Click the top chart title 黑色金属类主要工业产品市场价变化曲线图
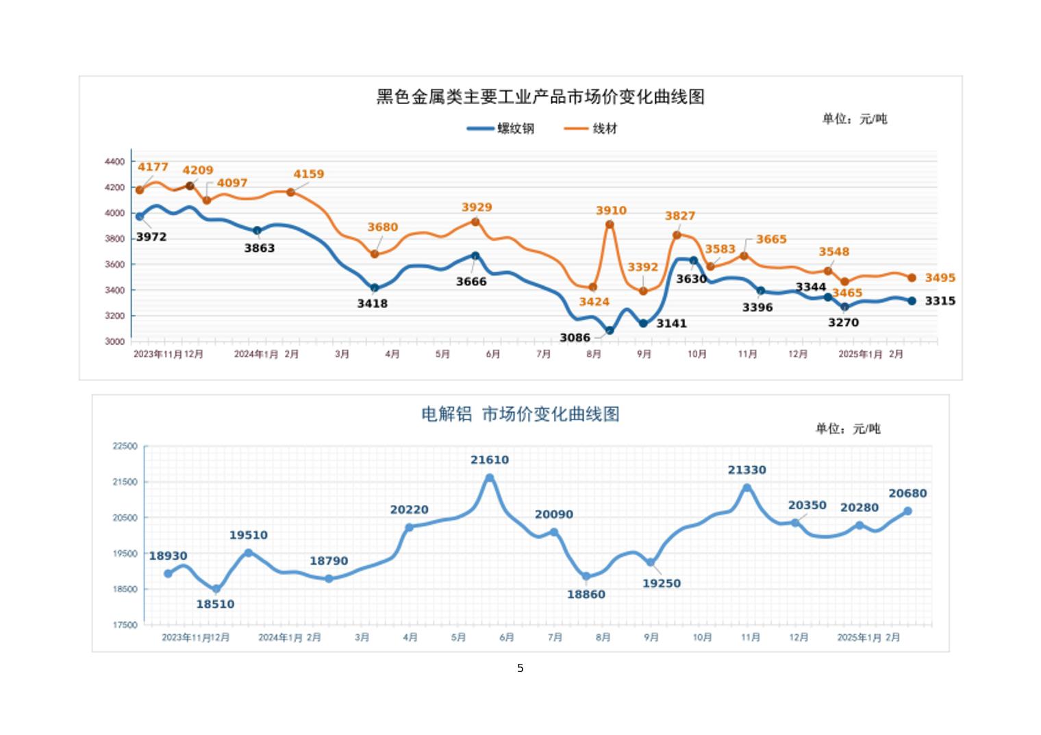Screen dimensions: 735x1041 click(540, 96)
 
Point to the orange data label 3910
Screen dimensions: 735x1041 click(611, 211)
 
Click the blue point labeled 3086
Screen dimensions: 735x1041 click(610, 331)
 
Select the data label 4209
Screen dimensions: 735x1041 click(197, 170)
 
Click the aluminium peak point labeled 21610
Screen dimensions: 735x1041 click(490, 478)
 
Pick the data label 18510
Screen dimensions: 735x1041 click(215, 604)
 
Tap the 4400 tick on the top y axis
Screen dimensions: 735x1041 click(114, 162)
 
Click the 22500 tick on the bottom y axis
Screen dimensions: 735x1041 click(125, 446)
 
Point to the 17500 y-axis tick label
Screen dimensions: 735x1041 click(125, 625)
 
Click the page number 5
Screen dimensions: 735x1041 click(520, 668)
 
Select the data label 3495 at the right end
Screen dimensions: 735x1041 click(940, 278)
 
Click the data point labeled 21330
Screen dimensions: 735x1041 click(747, 488)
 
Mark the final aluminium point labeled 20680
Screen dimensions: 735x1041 click(908, 511)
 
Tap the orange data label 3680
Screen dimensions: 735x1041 click(382, 227)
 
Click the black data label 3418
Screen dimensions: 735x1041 click(372, 303)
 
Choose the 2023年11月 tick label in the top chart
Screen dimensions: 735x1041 click(158, 354)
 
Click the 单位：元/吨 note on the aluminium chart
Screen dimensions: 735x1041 click(847, 429)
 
